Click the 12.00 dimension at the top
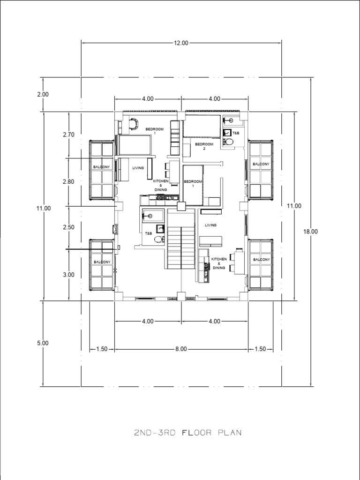tap(181, 43)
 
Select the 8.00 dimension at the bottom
tap(181, 349)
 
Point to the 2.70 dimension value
tap(68, 135)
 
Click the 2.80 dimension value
tap(68, 181)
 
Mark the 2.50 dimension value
tap(68, 227)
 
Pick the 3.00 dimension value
tap(68, 275)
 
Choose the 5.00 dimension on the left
tap(43, 343)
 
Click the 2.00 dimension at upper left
tap(43, 94)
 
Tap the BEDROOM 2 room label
tap(204, 146)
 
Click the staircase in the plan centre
tap(180, 239)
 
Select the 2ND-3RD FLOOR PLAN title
tap(188, 433)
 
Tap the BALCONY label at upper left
tap(101, 167)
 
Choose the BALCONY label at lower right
tap(261, 260)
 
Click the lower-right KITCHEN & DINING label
tap(219, 263)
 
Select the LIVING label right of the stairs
tap(211, 225)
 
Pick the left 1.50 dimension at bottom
tap(102, 349)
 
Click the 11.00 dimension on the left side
tap(43, 209)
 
